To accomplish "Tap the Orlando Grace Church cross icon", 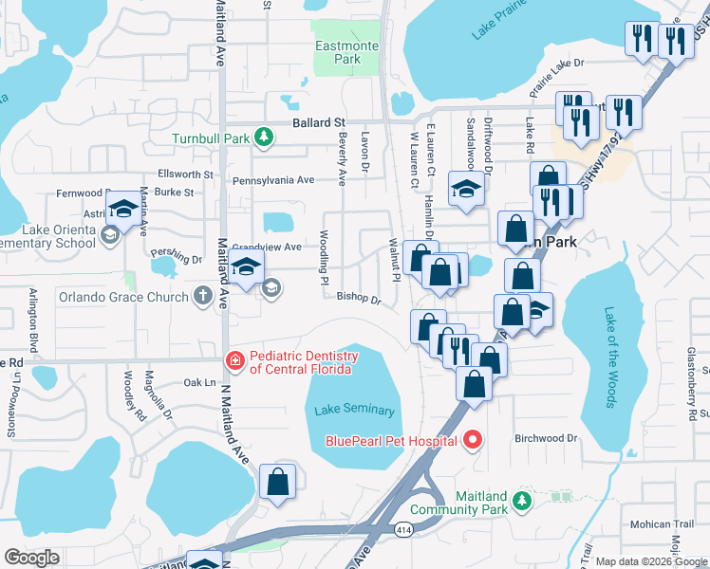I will pos(201,297).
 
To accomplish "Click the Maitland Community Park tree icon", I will pos(519,500).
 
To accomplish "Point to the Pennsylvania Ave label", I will pos(272,180).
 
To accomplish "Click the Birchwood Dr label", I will pos(546,438).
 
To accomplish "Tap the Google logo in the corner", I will pos(30,558).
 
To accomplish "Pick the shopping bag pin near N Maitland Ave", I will pos(277,481).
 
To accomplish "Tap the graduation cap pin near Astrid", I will pos(122,210).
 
